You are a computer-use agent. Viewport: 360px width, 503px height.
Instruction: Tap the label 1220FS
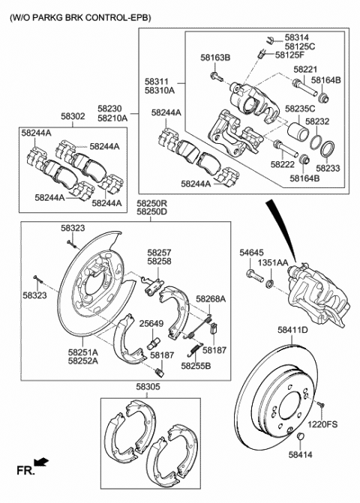tap(322, 425)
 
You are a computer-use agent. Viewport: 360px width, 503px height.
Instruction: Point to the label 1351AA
tap(273, 264)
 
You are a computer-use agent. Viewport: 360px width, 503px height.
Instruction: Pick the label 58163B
tap(215, 57)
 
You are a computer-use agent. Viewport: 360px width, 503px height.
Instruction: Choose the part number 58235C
tap(301, 109)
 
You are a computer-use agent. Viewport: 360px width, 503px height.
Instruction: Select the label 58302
tap(73, 117)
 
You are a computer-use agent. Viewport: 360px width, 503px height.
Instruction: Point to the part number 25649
tap(151, 323)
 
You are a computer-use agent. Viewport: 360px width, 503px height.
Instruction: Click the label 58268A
tap(211, 298)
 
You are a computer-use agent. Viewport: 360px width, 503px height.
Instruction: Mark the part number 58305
tap(148, 388)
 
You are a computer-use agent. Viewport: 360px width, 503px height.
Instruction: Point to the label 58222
tap(283, 164)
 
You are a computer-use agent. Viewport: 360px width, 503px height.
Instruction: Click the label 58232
tap(316, 121)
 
